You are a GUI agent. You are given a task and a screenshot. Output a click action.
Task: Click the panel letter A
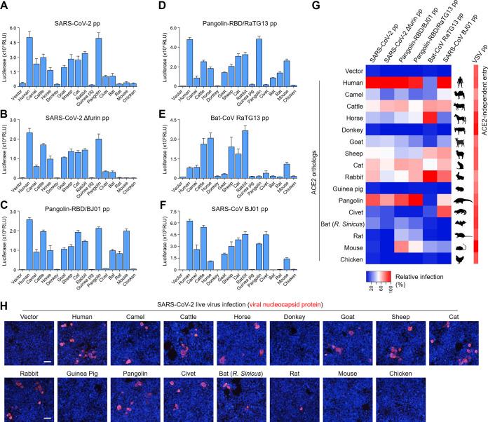click(5, 5)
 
